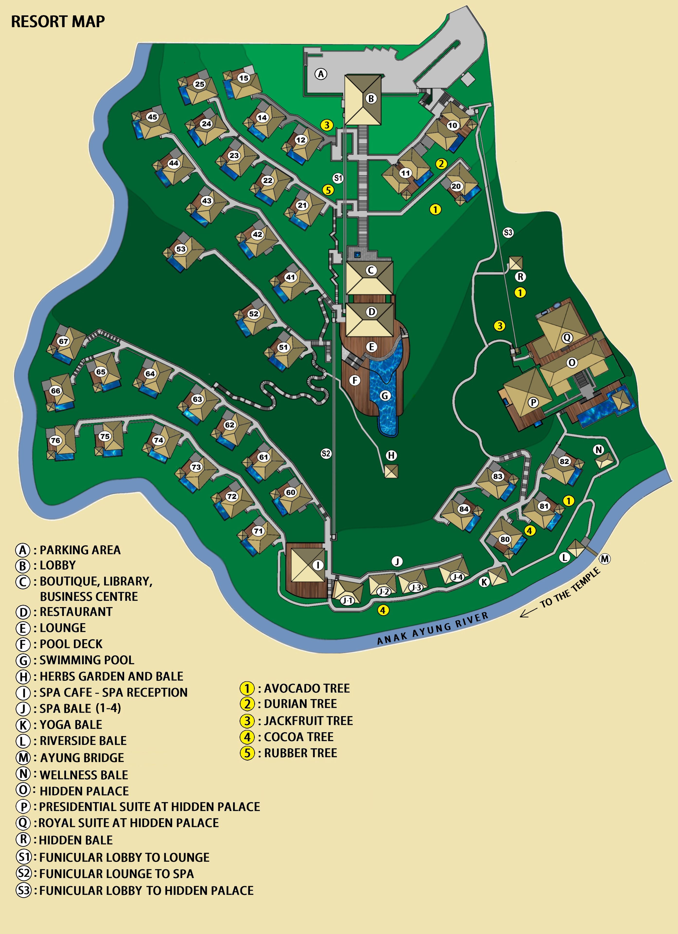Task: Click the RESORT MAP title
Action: click(58, 21)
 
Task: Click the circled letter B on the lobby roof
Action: click(371, 99)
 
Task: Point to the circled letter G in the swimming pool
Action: click(385, 396)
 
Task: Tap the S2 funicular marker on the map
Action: click(326, 454)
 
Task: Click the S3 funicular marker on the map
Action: click(508, 233)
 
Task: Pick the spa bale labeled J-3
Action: click(416, 587)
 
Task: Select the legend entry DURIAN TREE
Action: click(300, 704)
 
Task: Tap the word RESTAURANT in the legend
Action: click(76, 612)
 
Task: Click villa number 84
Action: click(464, 509)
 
